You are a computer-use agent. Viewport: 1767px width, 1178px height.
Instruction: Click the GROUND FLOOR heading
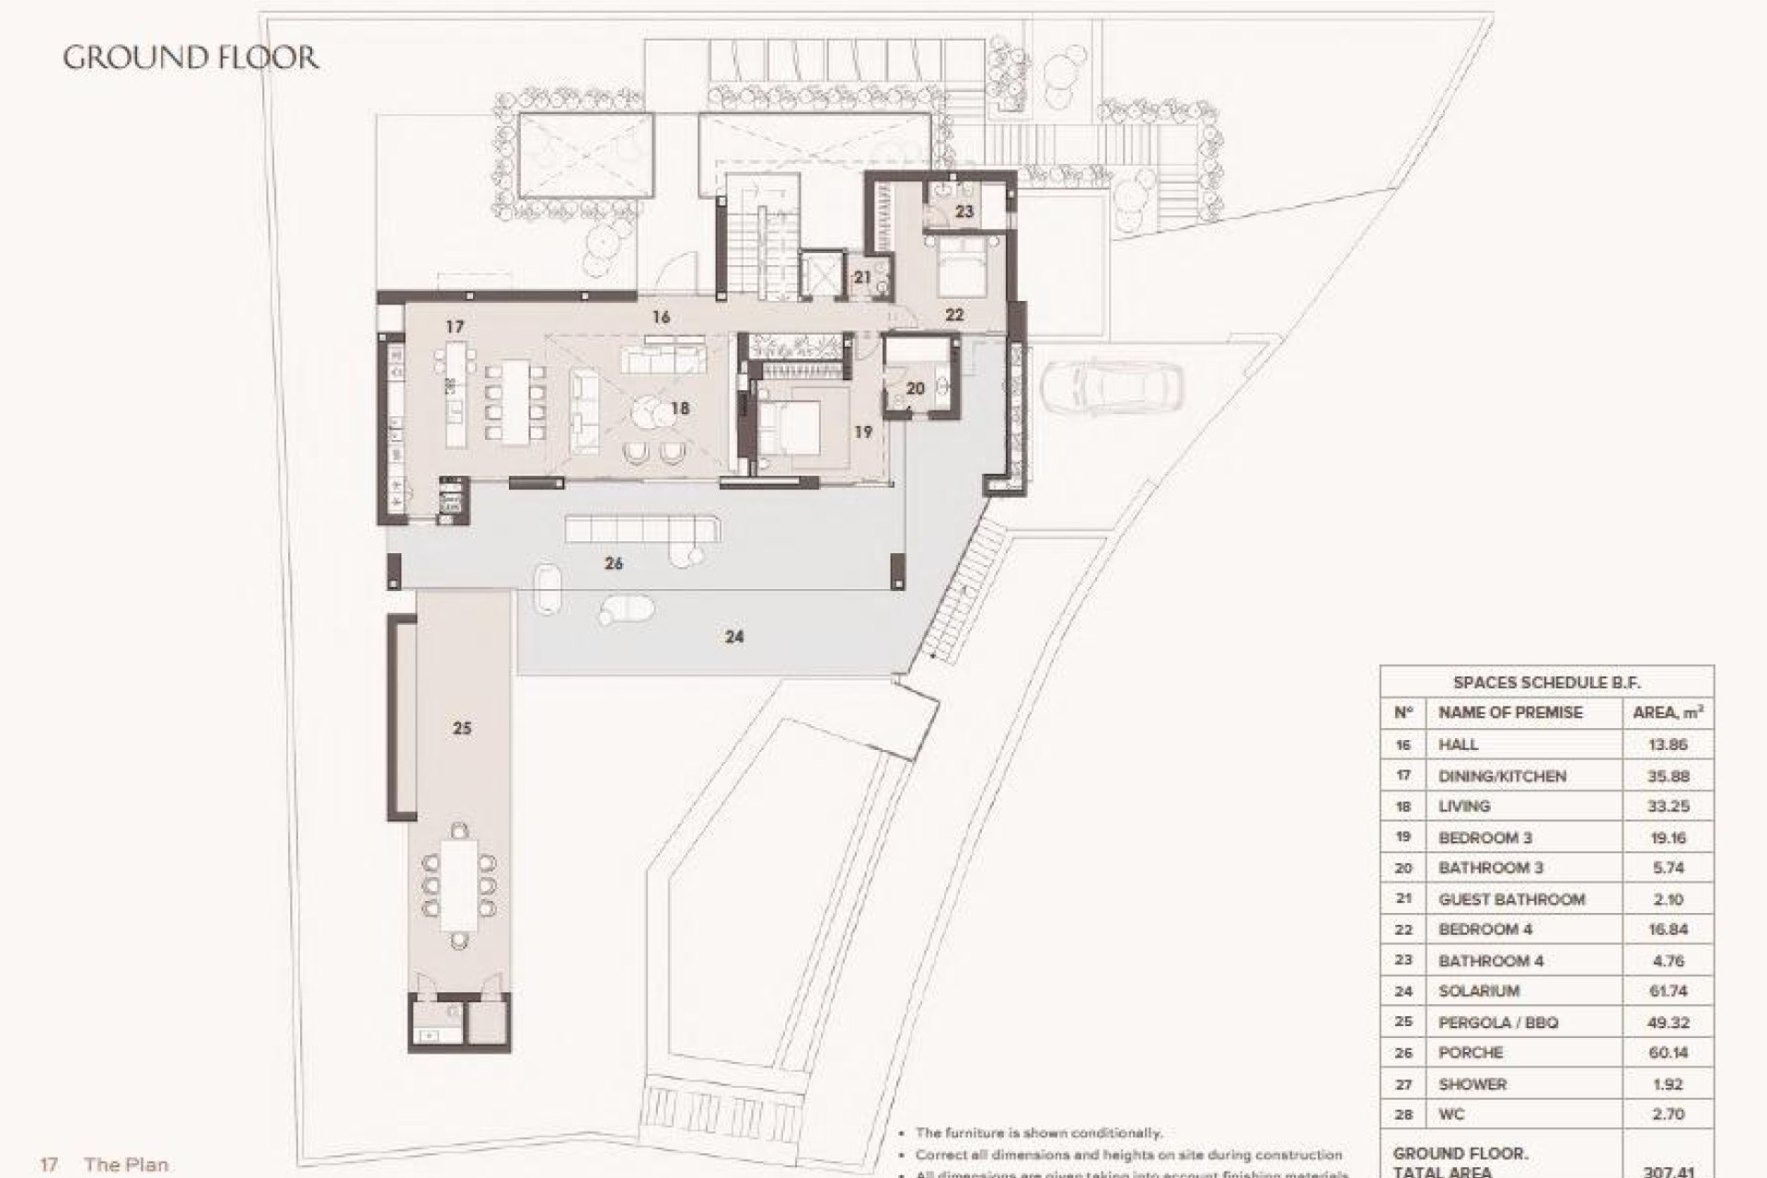tap(191, 58)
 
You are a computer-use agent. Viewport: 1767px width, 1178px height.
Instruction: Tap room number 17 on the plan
tap(454, 327)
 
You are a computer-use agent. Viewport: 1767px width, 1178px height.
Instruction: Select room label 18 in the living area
tap(680, 408)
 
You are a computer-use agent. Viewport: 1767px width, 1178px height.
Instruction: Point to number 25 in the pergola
tap(462, 728)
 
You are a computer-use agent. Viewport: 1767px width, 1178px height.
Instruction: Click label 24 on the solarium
tap(733, 636)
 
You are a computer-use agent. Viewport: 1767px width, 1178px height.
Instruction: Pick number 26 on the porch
tap(614, 563)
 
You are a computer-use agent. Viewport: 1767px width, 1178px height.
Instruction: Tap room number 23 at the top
tap(964, 212)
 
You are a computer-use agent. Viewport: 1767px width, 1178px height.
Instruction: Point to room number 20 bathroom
tap(915, 389)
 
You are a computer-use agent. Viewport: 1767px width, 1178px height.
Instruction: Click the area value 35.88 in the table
tap(1667, 776)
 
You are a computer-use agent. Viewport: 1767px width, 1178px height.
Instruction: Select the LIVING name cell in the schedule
tap(1463, 806)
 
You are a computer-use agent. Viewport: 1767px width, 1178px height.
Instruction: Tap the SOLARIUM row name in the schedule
tap(1478, 991)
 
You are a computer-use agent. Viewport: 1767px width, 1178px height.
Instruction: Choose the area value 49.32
tap(1667, 1022)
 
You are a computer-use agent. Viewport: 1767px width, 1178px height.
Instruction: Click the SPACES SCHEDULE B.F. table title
tap(1546, 682)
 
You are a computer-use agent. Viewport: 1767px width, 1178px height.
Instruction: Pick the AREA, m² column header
tap(1667, 712)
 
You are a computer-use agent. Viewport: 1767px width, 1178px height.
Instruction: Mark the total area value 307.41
tap(1667, 1170)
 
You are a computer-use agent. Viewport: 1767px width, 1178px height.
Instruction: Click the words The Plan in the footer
tap(126, 1164)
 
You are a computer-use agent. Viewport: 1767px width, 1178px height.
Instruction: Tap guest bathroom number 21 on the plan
tap(862, 277)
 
